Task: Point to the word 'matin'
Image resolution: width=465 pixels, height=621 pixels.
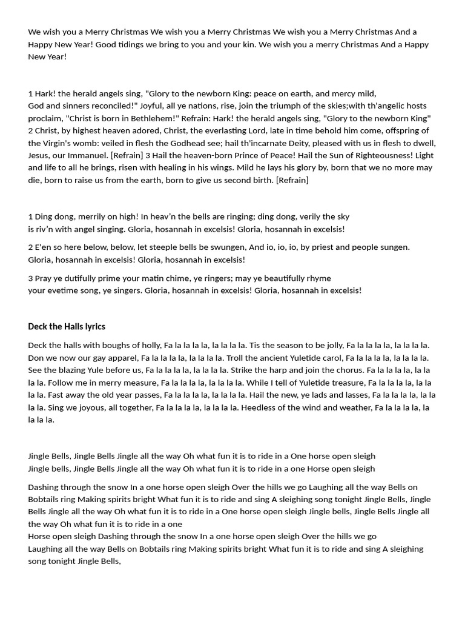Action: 177,278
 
